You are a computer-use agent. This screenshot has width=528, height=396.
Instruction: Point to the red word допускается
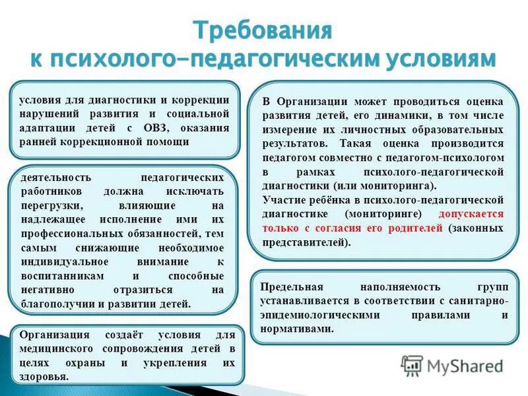[471, 214]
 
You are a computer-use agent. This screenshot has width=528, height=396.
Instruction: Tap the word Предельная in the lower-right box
[291, 287]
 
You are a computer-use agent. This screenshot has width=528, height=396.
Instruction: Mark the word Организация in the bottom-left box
[54, 335]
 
